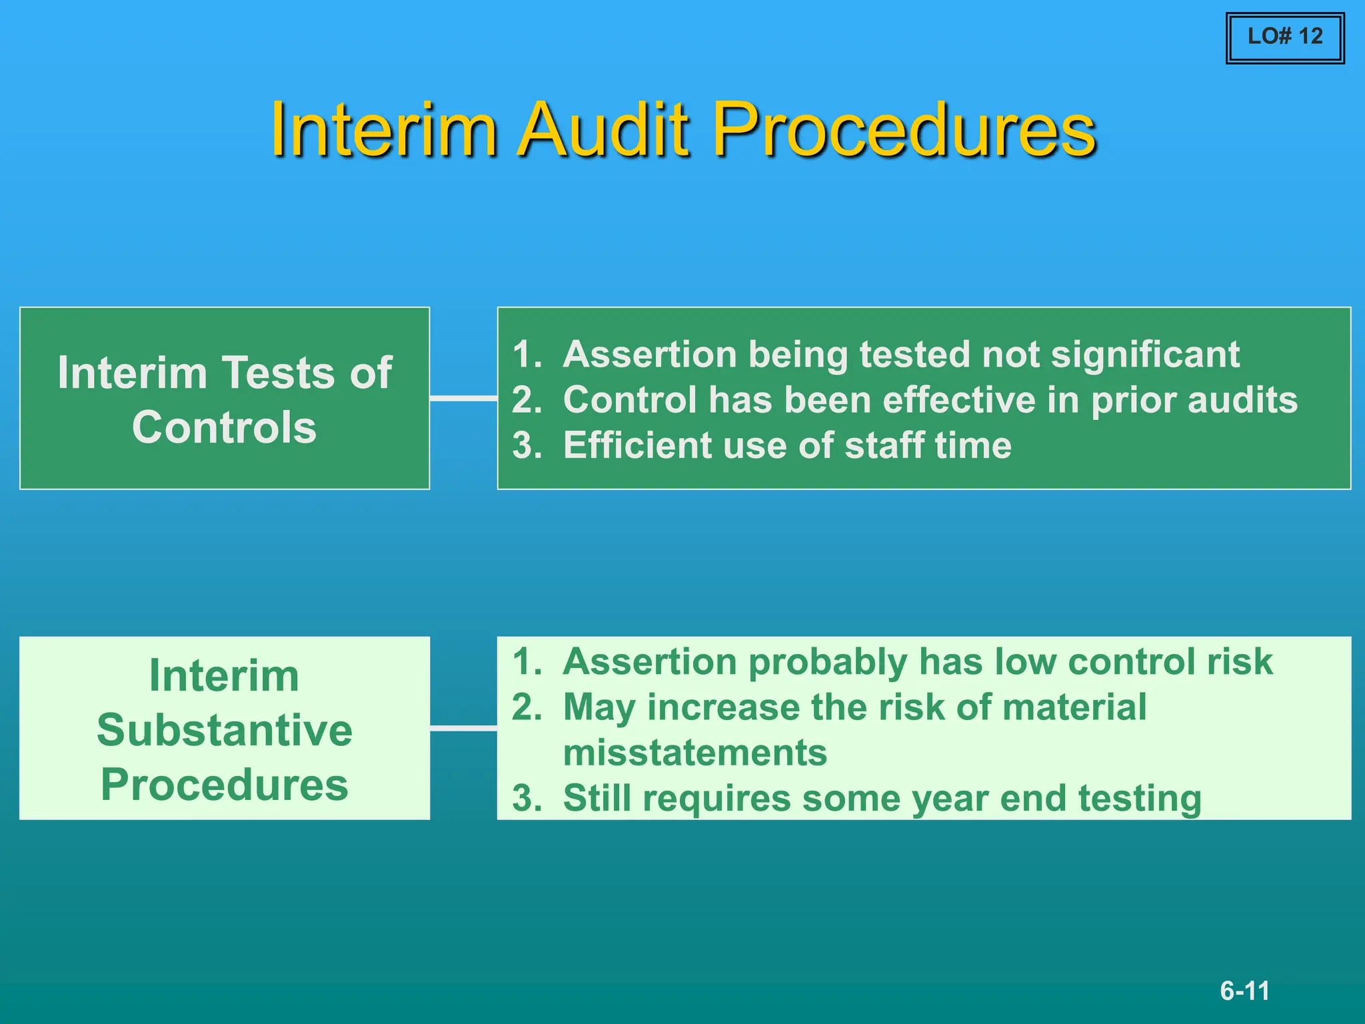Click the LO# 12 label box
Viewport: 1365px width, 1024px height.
1284,37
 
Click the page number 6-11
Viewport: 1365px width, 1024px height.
1244,991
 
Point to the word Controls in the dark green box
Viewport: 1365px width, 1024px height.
224,427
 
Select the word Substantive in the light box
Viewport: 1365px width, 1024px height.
224,730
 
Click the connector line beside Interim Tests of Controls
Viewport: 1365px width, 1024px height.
463,398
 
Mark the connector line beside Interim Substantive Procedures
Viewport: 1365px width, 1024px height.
463,729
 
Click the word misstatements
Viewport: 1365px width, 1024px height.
694,753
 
